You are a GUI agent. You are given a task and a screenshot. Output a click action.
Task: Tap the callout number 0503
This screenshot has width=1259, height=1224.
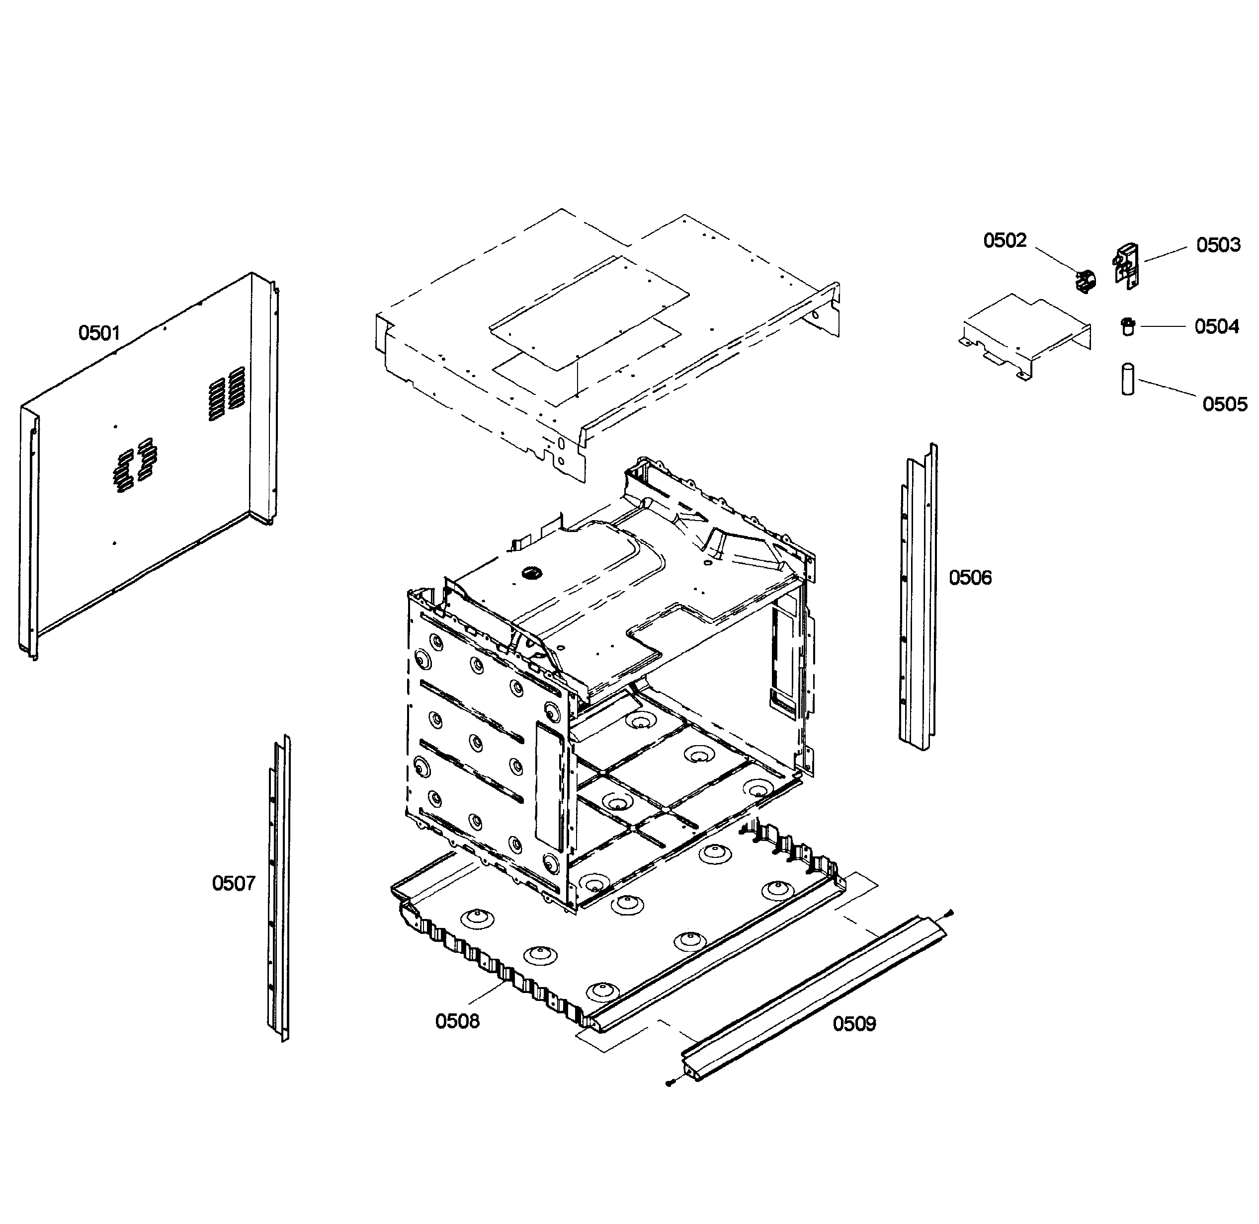(1218, 245)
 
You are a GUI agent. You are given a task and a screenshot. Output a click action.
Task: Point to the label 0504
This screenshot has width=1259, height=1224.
(1217, 326)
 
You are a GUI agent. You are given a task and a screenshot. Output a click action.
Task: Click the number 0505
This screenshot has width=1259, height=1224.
(1224, 404)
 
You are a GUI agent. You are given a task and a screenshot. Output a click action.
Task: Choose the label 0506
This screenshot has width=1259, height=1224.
(970, 578)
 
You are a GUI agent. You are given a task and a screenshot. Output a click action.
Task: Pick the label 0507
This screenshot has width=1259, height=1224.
(234, 883)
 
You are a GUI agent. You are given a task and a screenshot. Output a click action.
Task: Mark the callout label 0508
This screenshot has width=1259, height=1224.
(457, 1021)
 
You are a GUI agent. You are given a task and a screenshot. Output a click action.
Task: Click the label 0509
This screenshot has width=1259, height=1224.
(854, 1023)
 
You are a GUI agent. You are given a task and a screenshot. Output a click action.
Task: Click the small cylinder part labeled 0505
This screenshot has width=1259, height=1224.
(1127, 380)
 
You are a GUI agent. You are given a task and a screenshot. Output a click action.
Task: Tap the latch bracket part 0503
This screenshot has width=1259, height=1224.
(1125, 265)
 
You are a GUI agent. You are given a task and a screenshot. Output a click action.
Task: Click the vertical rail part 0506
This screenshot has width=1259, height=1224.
(918, 598)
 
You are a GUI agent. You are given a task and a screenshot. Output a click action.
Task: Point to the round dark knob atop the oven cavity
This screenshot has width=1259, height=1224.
(531, 571)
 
